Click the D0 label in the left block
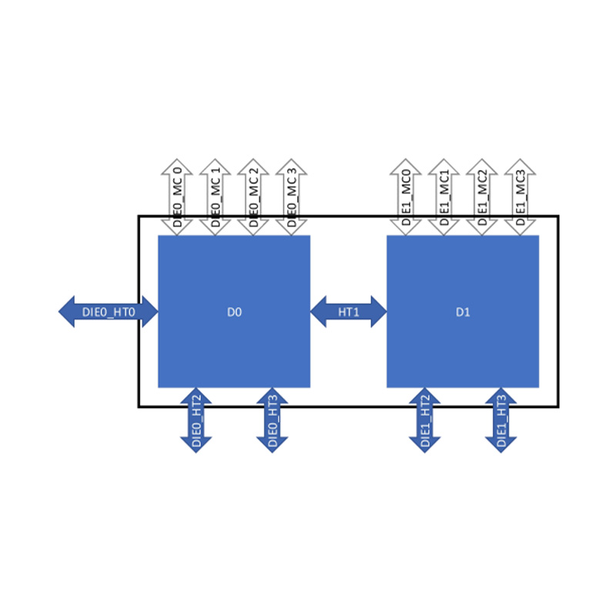(x=234, y=313)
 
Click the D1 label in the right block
(x=463, y=313)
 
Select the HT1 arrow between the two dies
(x=349, y=312)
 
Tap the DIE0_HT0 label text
(x=109, y=313)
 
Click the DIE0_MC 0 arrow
(x=177, y=197)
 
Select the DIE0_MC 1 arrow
(x=215, y=197)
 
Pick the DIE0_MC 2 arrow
(x=253, y=197)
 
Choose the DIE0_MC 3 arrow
(x=291, y=197)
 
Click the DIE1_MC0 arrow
(x=406, y=197)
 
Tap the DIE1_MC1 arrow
(x=444, y=197)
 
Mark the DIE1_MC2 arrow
(x=482, y=197)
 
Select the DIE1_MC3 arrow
(x=520, y=197)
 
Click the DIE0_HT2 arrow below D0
(x=196, y=420)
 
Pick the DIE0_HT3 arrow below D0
(x=273, y=420)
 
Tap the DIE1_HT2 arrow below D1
(x=425, y=420)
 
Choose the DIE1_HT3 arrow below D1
(x=501, y=420)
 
